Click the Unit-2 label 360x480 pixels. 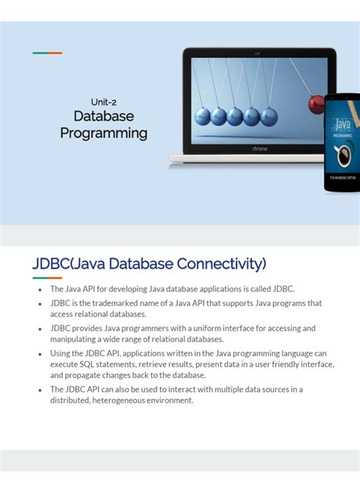click(103, 101)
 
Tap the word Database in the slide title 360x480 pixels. click(103, 116)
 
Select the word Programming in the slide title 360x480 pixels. click(103, 134)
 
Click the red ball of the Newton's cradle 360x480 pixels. click(317, 105)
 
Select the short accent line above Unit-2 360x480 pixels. click(47, 53)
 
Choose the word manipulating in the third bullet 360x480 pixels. click(77, 339)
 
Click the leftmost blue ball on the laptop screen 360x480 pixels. click(203, 116)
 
